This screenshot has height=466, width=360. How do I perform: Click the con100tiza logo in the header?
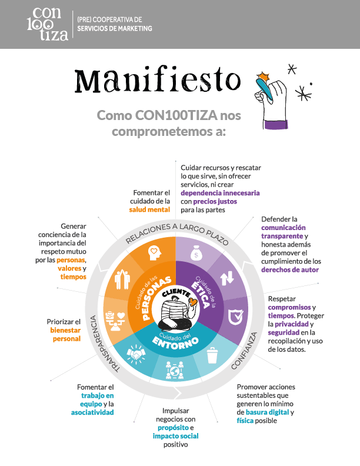[x=48, y=24]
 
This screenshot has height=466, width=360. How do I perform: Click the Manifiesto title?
[x=158, y=81]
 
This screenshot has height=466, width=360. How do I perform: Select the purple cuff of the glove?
[x=276, y=124]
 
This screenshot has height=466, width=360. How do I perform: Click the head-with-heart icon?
[x=155, y=253]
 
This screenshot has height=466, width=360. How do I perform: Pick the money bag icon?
[x=196, y=253]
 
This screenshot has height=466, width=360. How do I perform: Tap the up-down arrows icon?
[x=227, y=278]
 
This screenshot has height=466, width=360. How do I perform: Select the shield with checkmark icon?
[x=235, y=317]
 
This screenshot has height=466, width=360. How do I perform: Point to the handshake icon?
[x=136, y=353]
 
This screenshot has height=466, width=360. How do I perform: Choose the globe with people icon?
[x=174, y=370]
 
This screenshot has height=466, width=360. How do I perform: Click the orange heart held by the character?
[x=193, y=302]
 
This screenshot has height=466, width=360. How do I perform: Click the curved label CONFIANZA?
[x=244, y=351]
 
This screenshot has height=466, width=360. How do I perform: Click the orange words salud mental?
[x=149, y=210]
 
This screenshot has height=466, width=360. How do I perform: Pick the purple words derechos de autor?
[x=290, y=270]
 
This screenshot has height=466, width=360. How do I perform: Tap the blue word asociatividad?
[x=92, y=412]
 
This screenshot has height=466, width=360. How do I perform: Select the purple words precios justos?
[x=215, y=201]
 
